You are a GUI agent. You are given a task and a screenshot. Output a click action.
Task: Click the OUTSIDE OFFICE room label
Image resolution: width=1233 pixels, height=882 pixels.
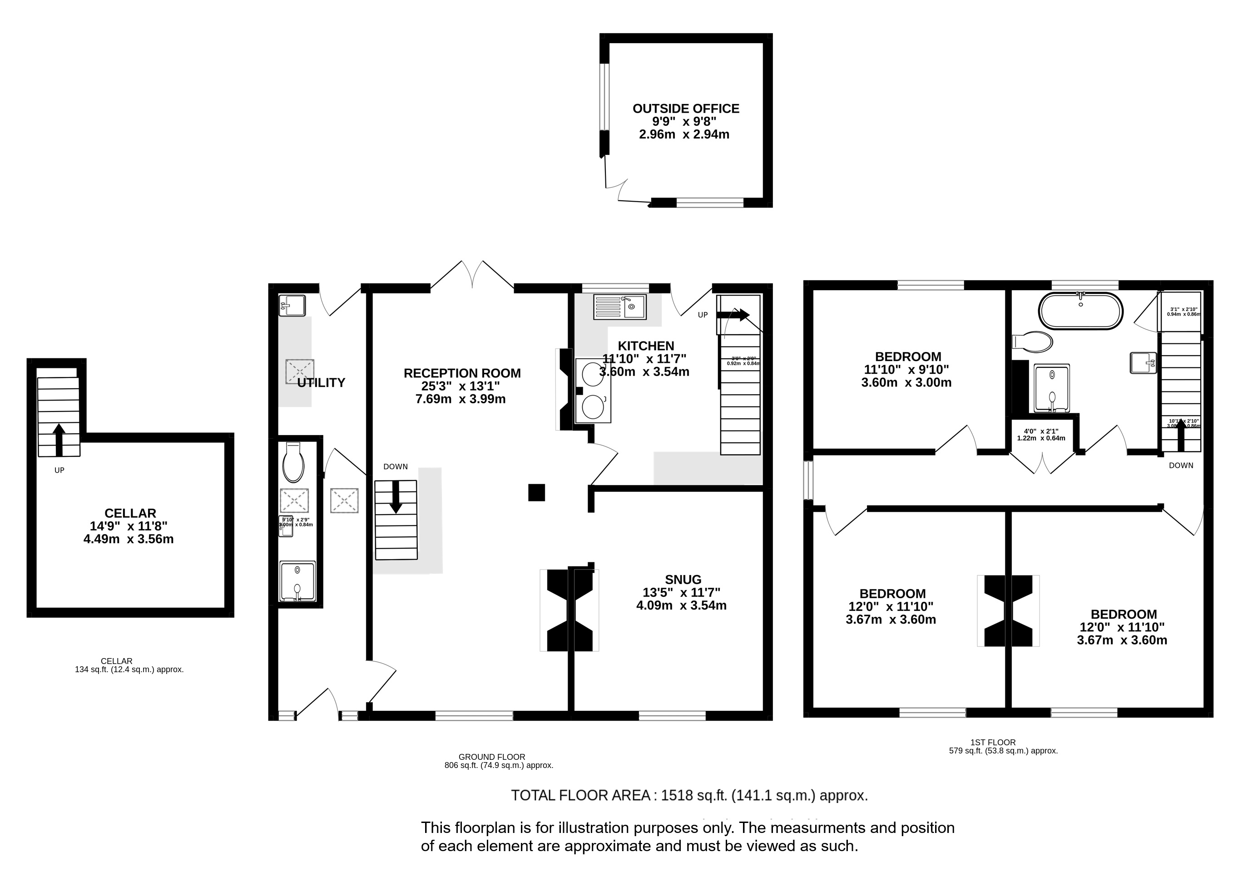pyautogui.click(x=685, y=109)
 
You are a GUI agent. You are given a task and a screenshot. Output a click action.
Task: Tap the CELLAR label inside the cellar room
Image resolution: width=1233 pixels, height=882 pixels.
pyautogui.click(x=130, y=513)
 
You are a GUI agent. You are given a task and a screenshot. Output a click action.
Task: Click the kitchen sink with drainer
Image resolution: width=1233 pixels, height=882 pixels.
pyautogui.click(x=619, y=307)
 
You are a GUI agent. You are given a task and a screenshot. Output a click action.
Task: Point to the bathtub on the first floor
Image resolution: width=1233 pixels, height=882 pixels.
pyautogui.click(x=1080, y=311)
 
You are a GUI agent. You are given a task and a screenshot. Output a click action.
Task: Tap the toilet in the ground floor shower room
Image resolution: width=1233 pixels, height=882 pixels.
pyautogui.click(x=293, y=463)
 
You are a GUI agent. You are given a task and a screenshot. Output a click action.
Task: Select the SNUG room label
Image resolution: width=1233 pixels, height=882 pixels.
pyautogui.click(x=683, y=580)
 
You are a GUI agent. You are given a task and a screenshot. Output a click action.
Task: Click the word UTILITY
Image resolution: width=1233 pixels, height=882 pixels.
pyautogui.click(x=321, y=382)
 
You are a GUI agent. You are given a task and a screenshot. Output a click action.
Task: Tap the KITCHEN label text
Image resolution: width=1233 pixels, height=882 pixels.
pyautogui.click(x=645, y=346)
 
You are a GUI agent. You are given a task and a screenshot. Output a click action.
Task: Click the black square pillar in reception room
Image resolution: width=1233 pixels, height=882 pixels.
pyautogui.click(x=536, y=492)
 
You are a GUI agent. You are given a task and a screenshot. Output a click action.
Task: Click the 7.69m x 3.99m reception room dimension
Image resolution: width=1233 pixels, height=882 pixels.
pyautogui.click(x=461, y=399)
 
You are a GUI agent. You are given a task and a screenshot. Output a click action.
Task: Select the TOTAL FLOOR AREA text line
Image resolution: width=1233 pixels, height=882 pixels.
pyautogui.click(x=689, y=796)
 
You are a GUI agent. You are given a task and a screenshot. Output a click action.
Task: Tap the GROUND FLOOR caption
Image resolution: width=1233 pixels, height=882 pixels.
pyautogui.click(x=491, y=757)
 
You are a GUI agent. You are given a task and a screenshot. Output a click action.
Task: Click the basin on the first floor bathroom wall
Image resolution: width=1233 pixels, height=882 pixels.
pyautogui.click(x=1144, y=362)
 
